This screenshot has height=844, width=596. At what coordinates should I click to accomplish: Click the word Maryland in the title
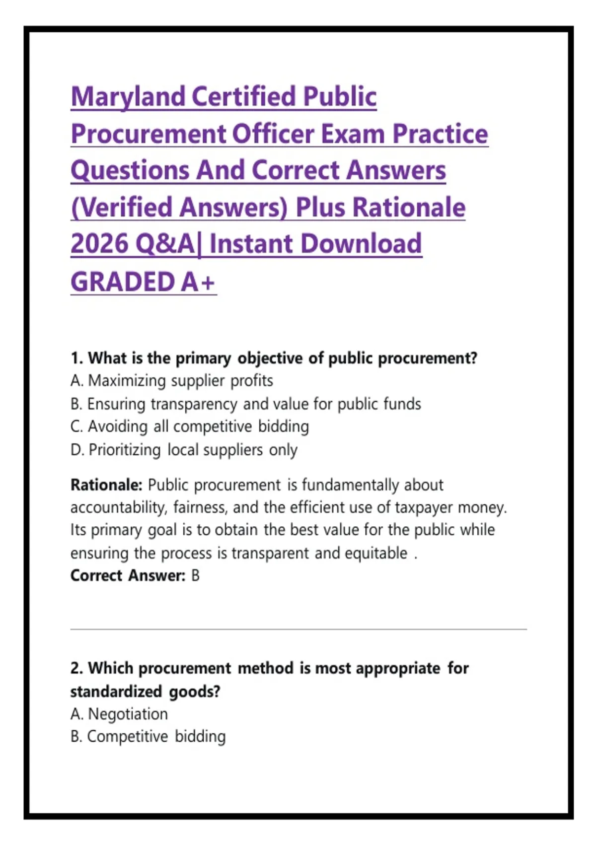point(128,97)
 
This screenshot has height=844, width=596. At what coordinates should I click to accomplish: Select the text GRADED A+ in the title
point(143,282)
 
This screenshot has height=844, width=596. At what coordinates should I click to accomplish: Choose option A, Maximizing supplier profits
point(171,381)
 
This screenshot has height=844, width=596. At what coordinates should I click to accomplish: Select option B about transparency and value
point(245,404)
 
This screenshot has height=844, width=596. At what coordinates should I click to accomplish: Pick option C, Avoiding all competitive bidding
point(190,427)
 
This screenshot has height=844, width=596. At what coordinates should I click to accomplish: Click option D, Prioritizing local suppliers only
point(184,450)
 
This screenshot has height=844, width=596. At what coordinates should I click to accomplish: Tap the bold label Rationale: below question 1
point(106,485)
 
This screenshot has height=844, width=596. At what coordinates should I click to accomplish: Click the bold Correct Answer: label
point(128,576)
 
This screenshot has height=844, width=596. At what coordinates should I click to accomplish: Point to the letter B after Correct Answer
point(195,576)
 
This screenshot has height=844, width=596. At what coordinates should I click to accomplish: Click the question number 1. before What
point(77,358)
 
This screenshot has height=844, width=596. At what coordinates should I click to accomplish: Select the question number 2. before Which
point(77,668)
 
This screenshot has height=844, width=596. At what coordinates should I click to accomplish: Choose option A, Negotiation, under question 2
point(119,714)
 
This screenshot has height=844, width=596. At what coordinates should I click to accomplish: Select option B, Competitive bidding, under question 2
point(148,737)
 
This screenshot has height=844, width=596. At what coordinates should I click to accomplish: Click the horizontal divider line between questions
point(298,629)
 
